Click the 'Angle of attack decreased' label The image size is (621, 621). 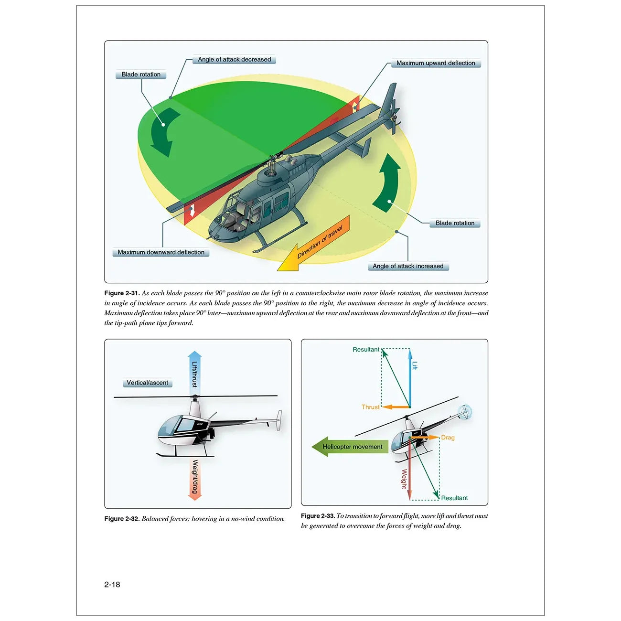tap(234, 60)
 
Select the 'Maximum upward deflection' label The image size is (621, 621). tap(435, 63)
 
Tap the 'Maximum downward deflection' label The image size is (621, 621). tap(161, 252)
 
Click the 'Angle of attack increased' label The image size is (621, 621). tap(408, 266)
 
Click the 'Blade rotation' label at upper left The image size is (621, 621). tap(141, 75)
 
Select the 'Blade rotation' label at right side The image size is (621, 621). tap(455, 223)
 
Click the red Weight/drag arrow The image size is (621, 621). tap(194, 478)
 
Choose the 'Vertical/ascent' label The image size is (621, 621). tap(147, 383)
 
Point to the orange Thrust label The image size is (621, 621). tap(370, 407)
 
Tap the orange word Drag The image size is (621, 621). tap(448, 438)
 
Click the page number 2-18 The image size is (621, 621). tap(112, 584)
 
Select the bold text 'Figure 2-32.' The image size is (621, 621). tap(122, 519)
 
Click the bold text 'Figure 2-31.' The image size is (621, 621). tap(122, 293)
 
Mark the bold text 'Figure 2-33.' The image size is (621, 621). tap(318, 516)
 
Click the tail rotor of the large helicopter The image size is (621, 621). tap(394, 117)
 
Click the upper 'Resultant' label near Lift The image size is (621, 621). tap(366, 350)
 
